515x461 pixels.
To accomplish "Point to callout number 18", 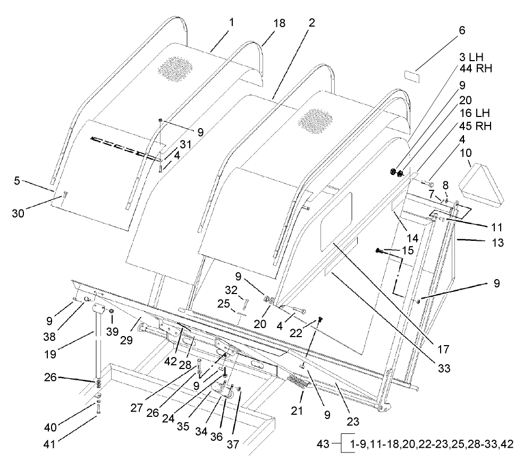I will click(x=278, y=23).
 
